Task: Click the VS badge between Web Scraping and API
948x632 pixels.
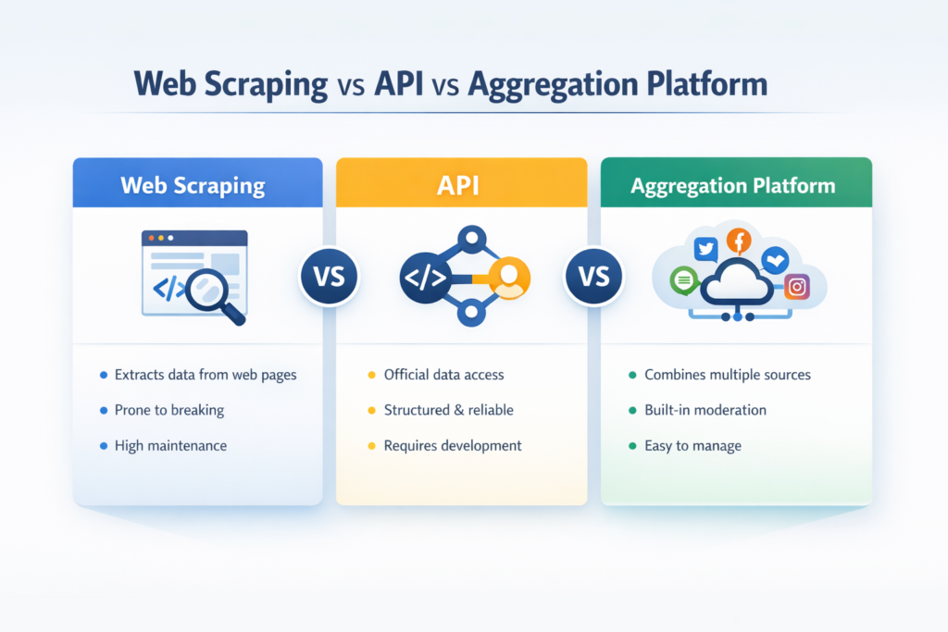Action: pyautogui.click(x=329, y=277)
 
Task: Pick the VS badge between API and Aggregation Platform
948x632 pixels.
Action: pyautogui.click(x=593, y=277)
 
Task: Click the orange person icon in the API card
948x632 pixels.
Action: pyautogui.click(x=507, y=277)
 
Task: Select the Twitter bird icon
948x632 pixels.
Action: pyautogui.click(x=706, y=248)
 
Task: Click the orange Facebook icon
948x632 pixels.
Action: pyautogui.click(x=739, y=242)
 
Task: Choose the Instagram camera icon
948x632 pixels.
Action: pyautogui.click(x=795, y=287)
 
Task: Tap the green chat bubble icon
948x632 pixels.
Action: pyautogui.click(x=683, y=279)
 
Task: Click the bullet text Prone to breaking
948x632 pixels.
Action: pyautogui.click(x=168, y=410)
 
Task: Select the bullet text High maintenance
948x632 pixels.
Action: pyautogui.click(x=170, y=445)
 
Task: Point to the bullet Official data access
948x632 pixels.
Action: pyautogui.click(x=443, y=375)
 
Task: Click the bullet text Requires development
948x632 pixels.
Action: pyautogui.click(x=452, y=445)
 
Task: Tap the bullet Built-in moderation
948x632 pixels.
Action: pyautogui.click(x=705, y=410)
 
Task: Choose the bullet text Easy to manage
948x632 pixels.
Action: pyautogui.click(x=692, y=445)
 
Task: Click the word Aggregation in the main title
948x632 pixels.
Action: pyautogui.click(x=540, y=84)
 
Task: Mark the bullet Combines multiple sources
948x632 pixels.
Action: pyautogui.click(x=727, y=375)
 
